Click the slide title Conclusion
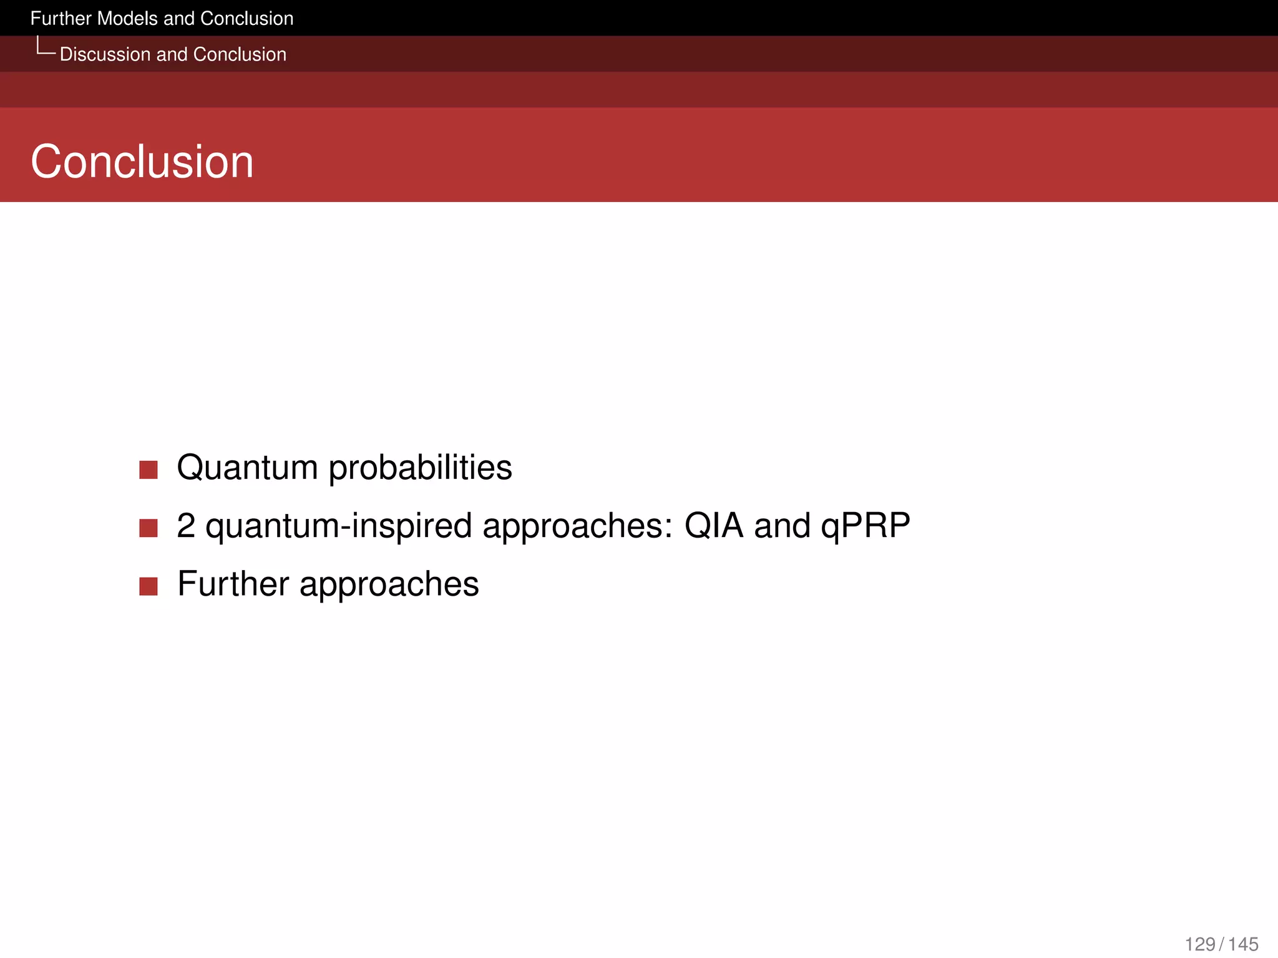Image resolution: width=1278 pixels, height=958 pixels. point(142,162)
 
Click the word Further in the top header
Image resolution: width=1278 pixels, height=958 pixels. point(61,19)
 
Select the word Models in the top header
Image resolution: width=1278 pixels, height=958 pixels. point(127,19)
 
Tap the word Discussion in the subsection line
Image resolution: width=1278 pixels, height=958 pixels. point(105,55)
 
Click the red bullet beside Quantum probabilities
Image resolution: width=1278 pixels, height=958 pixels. point(149,470)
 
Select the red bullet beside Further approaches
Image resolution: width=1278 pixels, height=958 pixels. point(149,586)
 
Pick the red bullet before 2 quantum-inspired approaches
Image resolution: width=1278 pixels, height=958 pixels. point(149,528)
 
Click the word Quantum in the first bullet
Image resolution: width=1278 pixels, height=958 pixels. point(247,468)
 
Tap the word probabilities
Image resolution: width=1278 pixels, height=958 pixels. point(420,468)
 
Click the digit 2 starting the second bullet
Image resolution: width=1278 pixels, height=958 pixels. point(186,526)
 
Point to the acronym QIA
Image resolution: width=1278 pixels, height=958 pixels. point(713,526)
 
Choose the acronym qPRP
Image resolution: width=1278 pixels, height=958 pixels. point(865,526)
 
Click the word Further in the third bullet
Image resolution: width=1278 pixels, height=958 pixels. point(233,584)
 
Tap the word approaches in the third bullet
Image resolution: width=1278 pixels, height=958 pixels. point(389,584)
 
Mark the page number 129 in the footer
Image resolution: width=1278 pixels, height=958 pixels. point(1199,944)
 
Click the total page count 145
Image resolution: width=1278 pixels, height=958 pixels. point(1243,944)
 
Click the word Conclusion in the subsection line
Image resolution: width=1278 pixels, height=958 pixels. point(240,55)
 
